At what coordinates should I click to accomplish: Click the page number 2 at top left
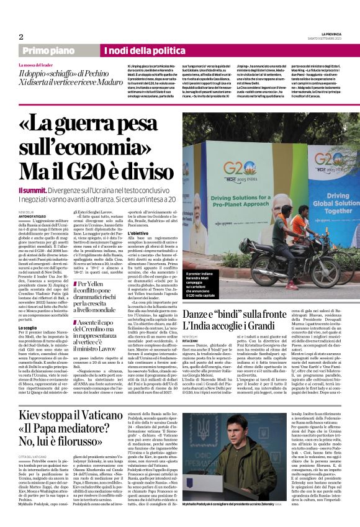21,37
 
